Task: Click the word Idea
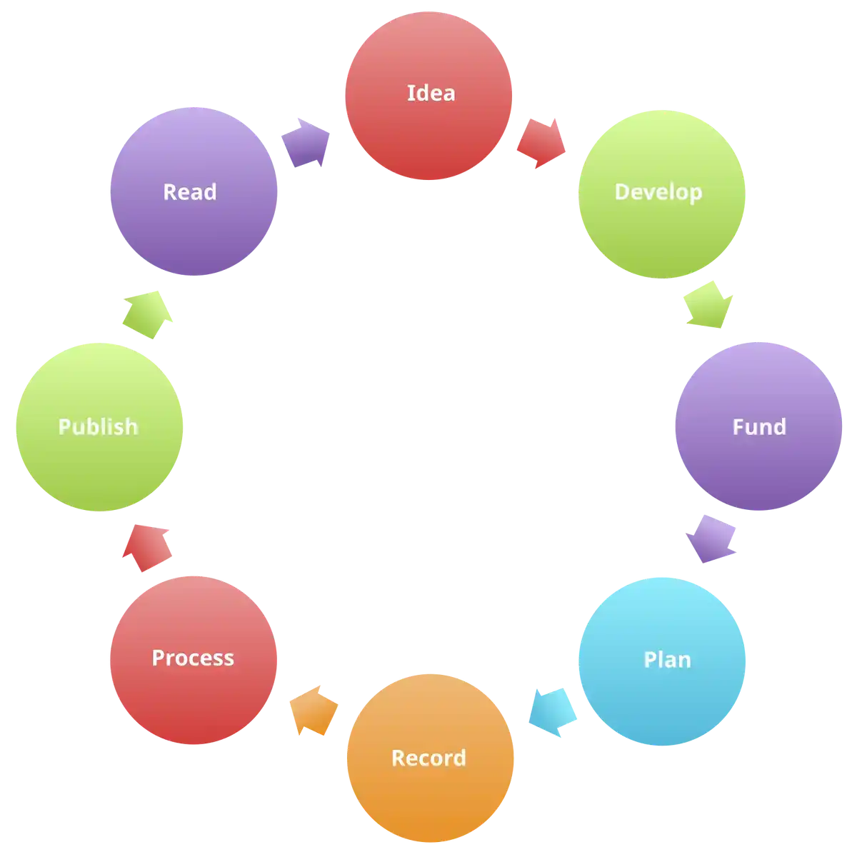tap(431, 93)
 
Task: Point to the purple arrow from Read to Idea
tap(306, 143)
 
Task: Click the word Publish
tap(98, 426)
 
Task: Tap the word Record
tap(428, 758)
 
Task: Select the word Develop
tap(658, 191)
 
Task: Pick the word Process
tap(193, 658)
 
